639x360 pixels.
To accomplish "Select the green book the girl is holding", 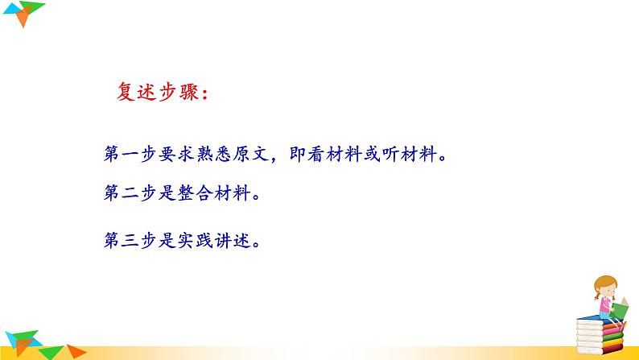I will pyautogui.click(x=620, y=306).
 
